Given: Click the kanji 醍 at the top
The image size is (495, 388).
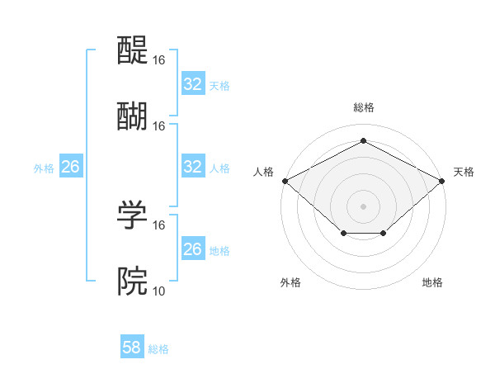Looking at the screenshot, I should [x=133, y=51].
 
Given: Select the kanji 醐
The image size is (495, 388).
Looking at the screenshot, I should [x=133, y=116].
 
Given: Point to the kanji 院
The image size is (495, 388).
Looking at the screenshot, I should [x=133, y=282].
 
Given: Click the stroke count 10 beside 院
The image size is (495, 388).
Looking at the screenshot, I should [x=159, y=291].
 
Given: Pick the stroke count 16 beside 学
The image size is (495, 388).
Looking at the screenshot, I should [x=159, y=225].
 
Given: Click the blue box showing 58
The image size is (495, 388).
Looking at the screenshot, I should [x=132, y=348].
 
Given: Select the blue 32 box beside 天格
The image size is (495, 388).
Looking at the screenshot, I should [x=193, y=84].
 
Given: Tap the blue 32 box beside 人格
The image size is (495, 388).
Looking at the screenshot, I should [x=193, y=167].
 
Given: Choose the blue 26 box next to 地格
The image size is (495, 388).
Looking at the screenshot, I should [x=193, y=249].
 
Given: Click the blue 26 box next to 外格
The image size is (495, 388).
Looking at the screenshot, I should [x=71, y=167].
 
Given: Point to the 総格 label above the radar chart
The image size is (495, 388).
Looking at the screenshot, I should [x=364, y=108].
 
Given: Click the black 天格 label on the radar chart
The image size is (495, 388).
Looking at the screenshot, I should [x=464, y=172].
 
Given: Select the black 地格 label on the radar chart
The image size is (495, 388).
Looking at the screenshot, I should [x=432, y=282].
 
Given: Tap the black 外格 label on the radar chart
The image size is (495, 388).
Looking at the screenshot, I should [x=290, y=282].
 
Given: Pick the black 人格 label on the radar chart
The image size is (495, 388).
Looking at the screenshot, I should [x=263, y=172].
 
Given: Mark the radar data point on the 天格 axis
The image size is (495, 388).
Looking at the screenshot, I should [x=443, y=180].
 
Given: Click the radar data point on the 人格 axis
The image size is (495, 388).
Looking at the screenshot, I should [x=285, y=180].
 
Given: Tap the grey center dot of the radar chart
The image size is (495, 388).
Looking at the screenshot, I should [x=364, y=206].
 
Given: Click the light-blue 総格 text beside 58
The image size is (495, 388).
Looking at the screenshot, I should [x=158, y=349].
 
